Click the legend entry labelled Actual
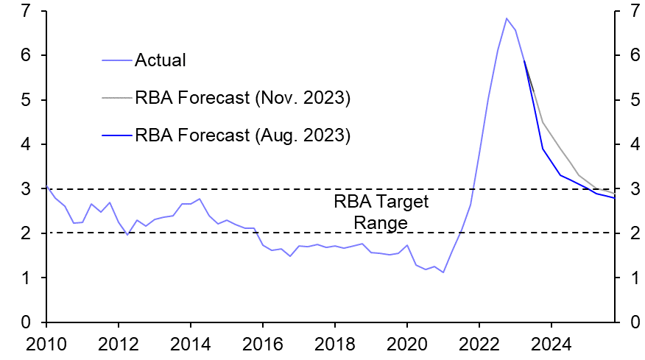click(x=160, y=60)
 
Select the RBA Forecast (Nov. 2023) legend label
click(x=242, y=99)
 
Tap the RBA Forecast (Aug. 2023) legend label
click(x=242, y=136)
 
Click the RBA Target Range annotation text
click(x=381, y=212)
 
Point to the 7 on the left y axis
click(x=27, y=11)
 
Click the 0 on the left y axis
click(x=27, y=323)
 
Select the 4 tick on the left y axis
click(x=27, y=145)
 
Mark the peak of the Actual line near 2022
click(x=507, y=18)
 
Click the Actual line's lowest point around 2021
click(x=443, y=272)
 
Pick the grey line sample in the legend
click(x=116, y=99)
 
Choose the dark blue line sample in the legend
click(x=116, y=136)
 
